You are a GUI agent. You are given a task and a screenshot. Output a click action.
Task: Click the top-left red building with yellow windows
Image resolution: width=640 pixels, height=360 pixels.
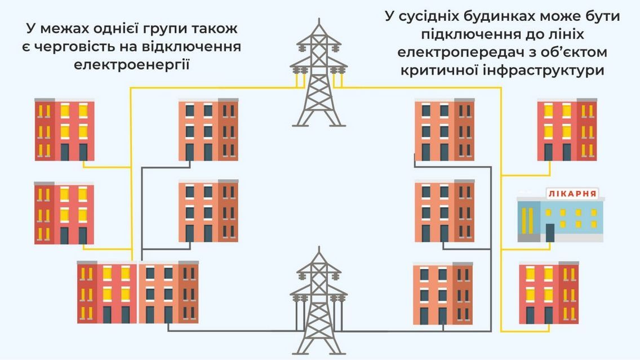pyautogui.click(x=64, y=130)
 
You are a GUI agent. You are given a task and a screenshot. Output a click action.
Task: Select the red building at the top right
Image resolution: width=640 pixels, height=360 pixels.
pyautogui.click(x=566, y=130)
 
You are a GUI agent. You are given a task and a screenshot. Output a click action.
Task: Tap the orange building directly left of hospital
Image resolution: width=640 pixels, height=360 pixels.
pyautogui.click(x=444, y=211)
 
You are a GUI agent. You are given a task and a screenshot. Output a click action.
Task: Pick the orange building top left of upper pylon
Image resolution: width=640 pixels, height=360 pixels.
pyautogui.click(x=208, y=130)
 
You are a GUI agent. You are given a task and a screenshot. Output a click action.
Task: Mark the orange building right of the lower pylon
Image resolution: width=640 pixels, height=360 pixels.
pyautogui.click(x=442, y=293)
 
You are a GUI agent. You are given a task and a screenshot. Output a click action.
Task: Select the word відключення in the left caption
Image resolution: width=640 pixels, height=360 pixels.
pyautogui.click(x=190, y=46)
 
